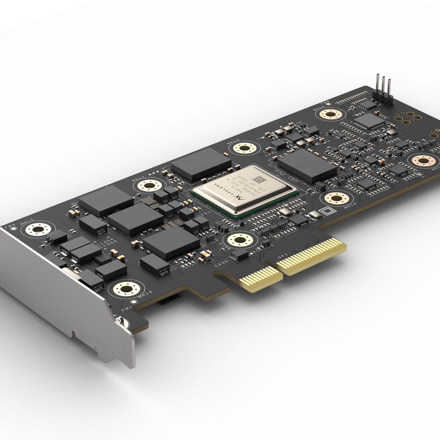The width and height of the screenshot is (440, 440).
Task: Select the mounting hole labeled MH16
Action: (x=126, y=289)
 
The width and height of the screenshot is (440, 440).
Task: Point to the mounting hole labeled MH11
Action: (x=148, y=186)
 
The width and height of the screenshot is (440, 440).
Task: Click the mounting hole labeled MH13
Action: (x=242, y=148)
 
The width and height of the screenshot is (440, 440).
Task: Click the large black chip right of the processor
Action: (x=307, y=166)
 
